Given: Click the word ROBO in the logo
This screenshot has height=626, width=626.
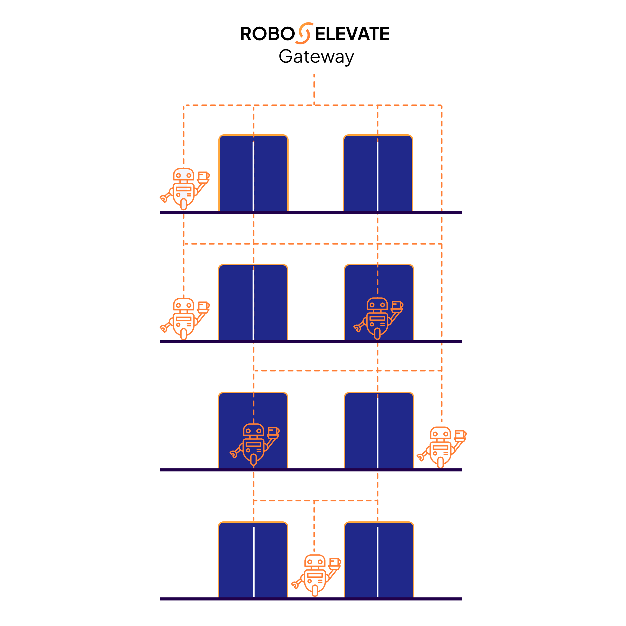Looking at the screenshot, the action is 267,34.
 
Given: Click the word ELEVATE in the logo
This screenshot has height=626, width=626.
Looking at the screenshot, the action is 352,34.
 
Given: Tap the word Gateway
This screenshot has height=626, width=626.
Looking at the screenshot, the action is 317,57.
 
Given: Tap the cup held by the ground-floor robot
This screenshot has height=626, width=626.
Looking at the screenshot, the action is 335,562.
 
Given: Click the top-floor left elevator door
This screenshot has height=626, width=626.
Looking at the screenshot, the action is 253,173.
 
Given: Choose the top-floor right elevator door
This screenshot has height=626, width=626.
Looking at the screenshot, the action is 378,173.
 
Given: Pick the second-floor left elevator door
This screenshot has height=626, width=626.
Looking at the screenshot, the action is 253,303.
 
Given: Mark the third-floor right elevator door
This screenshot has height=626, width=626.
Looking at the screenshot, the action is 379,431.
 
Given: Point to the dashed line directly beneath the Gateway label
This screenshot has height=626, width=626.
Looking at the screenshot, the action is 314,89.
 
